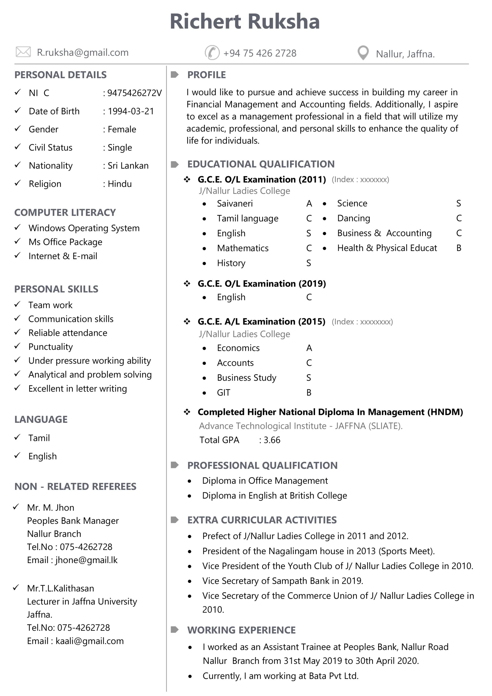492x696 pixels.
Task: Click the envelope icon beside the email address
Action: (x=23, y=52)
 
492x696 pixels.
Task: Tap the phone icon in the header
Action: (x=212, y=52)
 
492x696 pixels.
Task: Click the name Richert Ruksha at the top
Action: (x=245, y=21)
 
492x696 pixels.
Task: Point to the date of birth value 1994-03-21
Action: (x=131, y=111)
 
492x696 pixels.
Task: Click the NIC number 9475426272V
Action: (x=134, y=93)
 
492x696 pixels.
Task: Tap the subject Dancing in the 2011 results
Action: (x=353, y=218)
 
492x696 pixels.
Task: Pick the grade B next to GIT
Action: (x=309, y=393)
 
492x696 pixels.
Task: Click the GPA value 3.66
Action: (x=272, y=440)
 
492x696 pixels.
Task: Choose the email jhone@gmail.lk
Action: (x=86, y=560)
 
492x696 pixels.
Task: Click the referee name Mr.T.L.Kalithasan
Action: (x=61, y=588)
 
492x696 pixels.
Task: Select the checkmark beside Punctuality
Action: (x=17, y=346)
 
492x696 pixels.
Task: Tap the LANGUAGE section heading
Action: (x=41, y=419)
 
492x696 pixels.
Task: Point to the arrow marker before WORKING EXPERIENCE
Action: (x=175, y=630)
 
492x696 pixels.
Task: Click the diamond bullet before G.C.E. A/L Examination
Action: (x=187, y=321)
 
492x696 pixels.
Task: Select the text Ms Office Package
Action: (x=65, y=242)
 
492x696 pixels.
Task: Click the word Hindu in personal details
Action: (x=120, y=184)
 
